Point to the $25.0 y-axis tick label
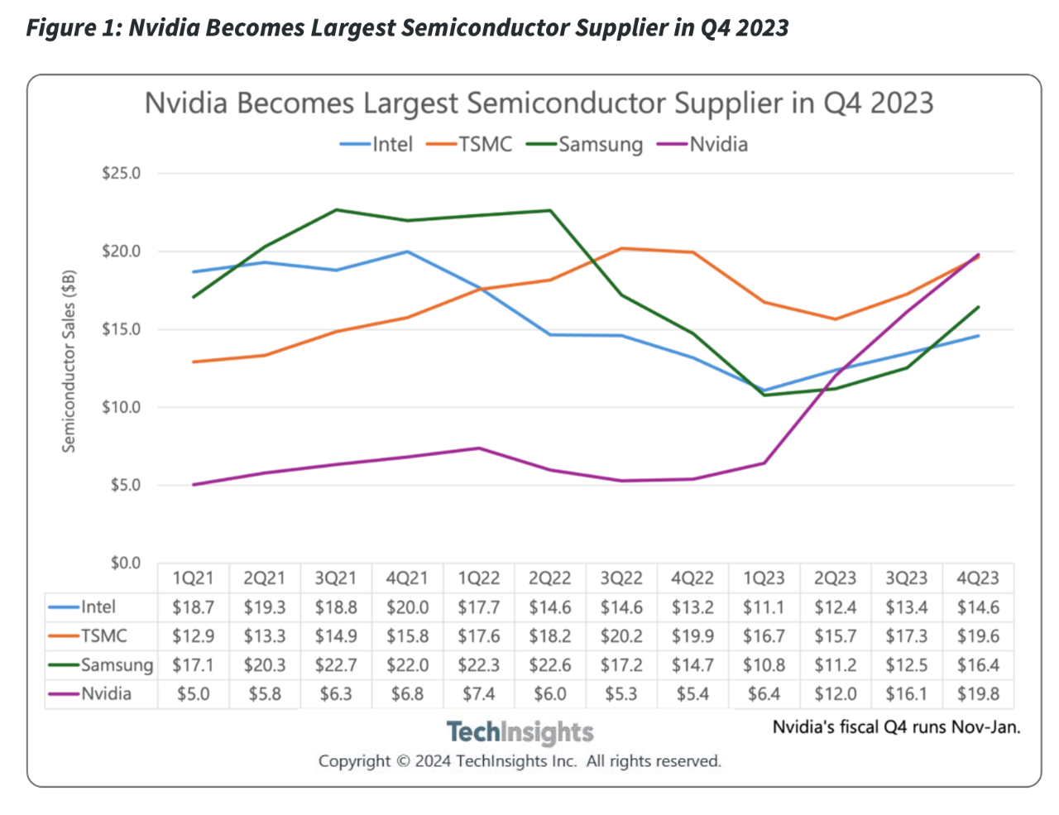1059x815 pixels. click(x=121, y=174)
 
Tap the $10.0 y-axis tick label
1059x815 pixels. click(x=121, y=407)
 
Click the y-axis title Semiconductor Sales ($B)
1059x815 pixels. click(x=69, y=361)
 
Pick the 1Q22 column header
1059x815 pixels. click(x=479, y=578)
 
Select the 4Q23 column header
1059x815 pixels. click(x=978, y=578)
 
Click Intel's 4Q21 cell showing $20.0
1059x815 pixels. click(x=408, y=607)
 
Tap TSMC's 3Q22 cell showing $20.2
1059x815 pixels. click(x=621, y=636)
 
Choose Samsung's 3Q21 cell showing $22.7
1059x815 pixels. click(x=336, y=665)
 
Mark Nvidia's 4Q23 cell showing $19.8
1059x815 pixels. click(x=978, y=694)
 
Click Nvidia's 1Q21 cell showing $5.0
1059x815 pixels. click(x=194, y=694)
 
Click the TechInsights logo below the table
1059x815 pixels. click(x=520, y=732)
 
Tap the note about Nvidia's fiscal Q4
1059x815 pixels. click(x=896, y=727)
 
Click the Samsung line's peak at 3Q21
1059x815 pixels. click(x=336, y=210)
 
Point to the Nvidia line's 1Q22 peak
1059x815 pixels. click(x=479, y=448)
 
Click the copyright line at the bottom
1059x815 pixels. click(x=520, y=761)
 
